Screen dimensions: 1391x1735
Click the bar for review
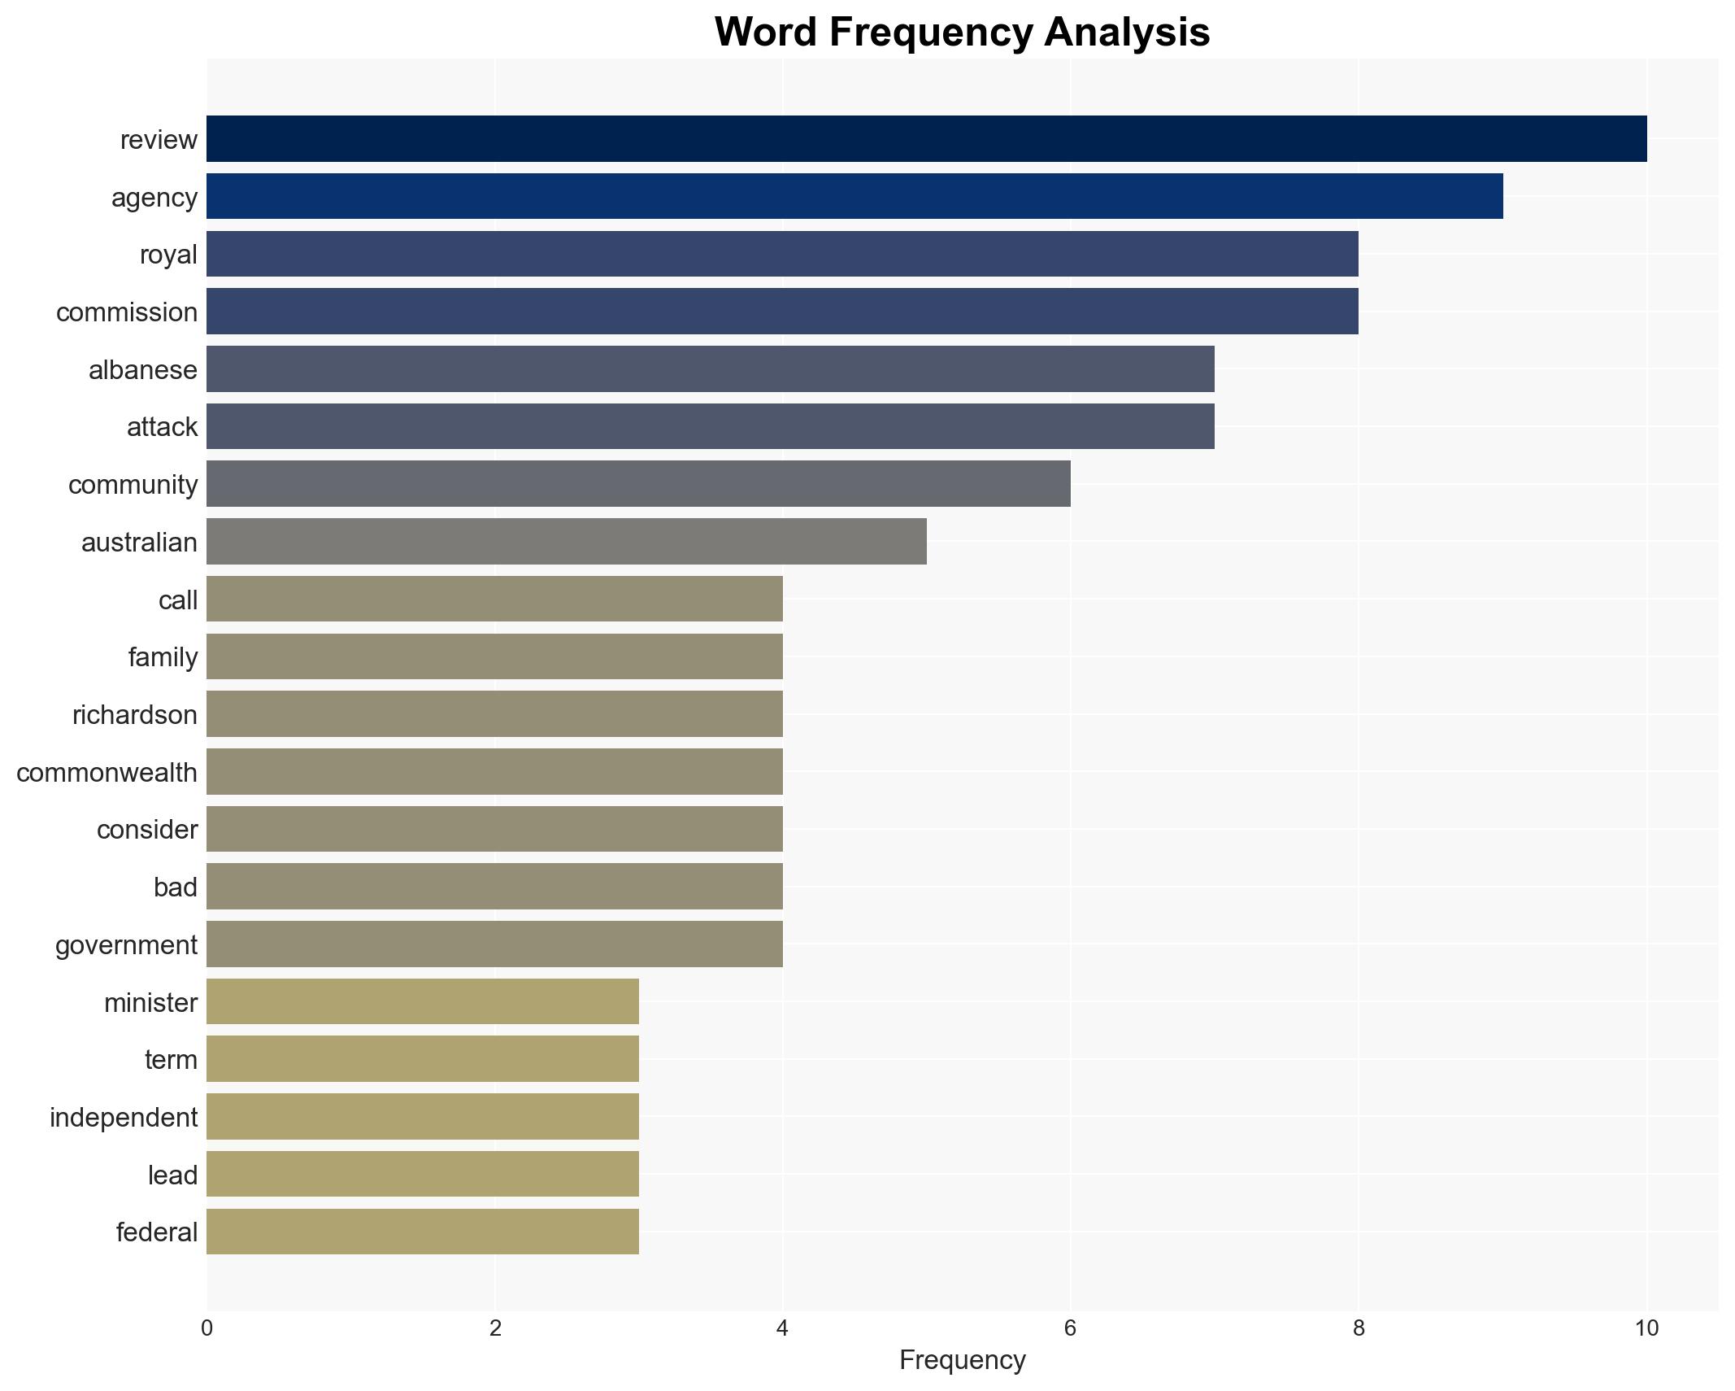pos(926,139)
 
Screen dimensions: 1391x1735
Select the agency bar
pos(854,197)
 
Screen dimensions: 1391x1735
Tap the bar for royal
pos(782,254)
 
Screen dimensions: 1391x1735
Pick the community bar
pos(638,484)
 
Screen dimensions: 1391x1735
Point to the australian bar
pos(566,542)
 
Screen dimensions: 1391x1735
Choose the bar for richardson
pos(494,714)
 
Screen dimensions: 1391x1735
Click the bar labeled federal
pos(423,1232)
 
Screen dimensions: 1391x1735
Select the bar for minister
pos(423,1002)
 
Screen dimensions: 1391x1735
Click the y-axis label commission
pos(127,312)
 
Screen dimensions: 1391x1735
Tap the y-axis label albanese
pos(143,370)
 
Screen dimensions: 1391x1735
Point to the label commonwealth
pos(107,773)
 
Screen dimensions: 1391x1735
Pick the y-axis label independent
pos(124,1118)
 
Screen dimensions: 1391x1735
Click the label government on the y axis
pos(126,945)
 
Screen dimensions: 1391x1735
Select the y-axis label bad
pos(176,887)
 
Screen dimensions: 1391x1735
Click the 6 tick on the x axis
pos(1070,1329)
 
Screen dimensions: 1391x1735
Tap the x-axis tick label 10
pos(1646,1329)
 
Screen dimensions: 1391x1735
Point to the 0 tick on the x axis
pos(207,1329)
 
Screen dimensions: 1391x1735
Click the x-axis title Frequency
pos(962,1360)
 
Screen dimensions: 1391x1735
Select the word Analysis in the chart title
pos(1127,33)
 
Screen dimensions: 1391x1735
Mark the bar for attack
pos(710,426)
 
